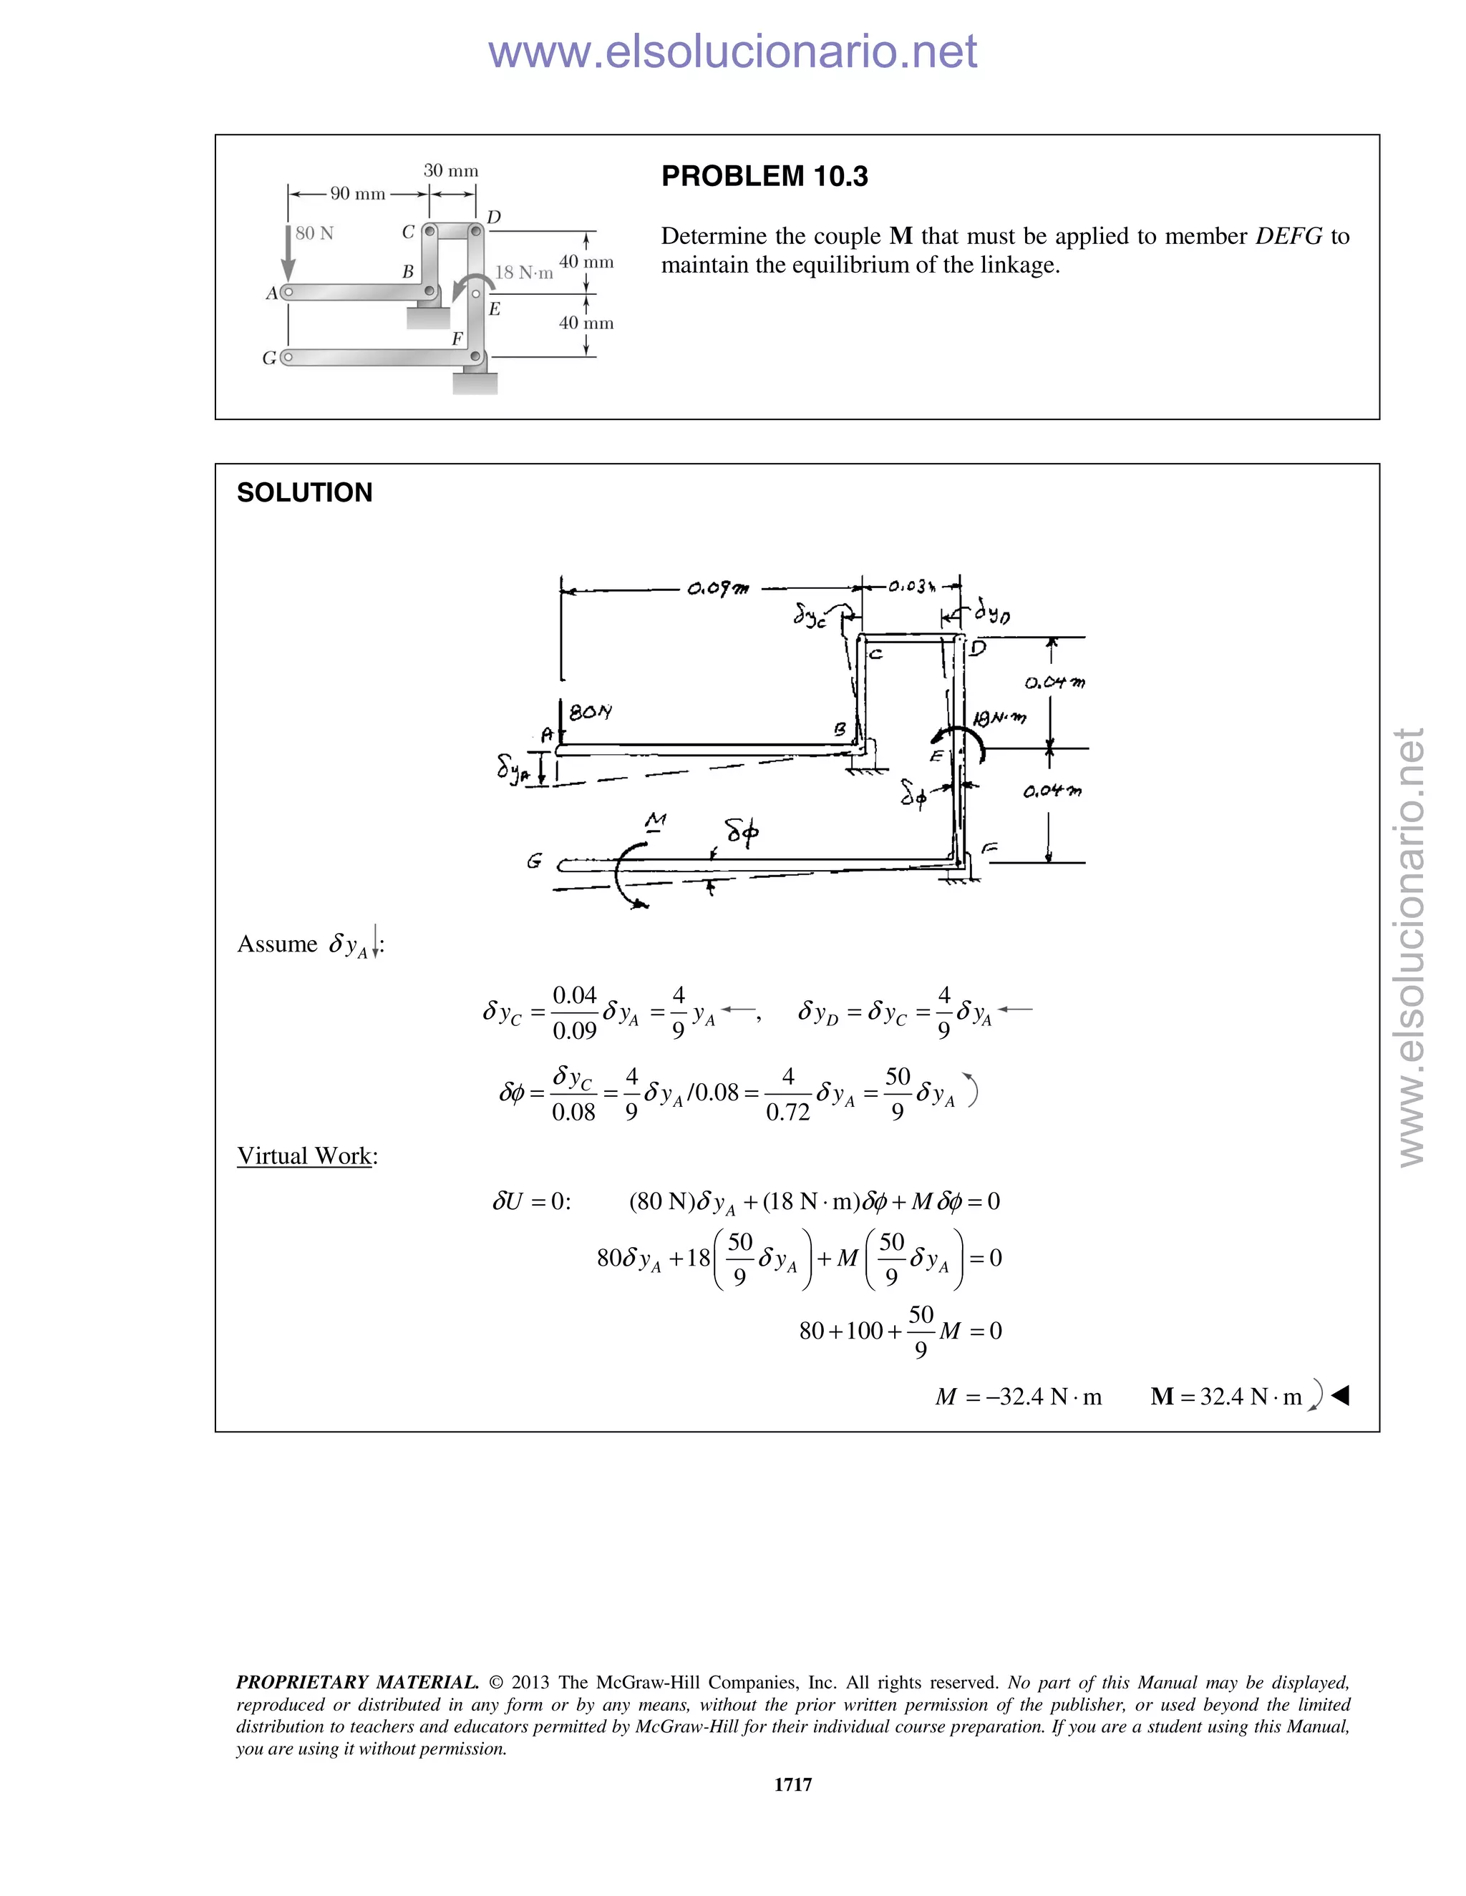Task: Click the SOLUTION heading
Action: click(304, 492)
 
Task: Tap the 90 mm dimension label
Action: click(357, 194)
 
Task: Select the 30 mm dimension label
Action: click(451, 170)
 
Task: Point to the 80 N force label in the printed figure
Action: click(314, 233)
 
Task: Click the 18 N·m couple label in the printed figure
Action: click(524, 273)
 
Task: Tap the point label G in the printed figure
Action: click(269, 358)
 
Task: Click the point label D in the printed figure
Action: click(493, 216)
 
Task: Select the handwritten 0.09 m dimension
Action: click(717, 590)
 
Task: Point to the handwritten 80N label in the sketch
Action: click(590, 712)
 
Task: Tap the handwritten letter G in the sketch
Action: click(534, 861)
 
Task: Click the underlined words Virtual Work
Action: click(304, 1155)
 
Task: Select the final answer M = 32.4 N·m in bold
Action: click(1226, 1396)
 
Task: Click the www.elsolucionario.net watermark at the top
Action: click(732, 52)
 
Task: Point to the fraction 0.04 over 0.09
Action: click(574, 1012)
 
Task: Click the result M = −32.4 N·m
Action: click(1018, 1396)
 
